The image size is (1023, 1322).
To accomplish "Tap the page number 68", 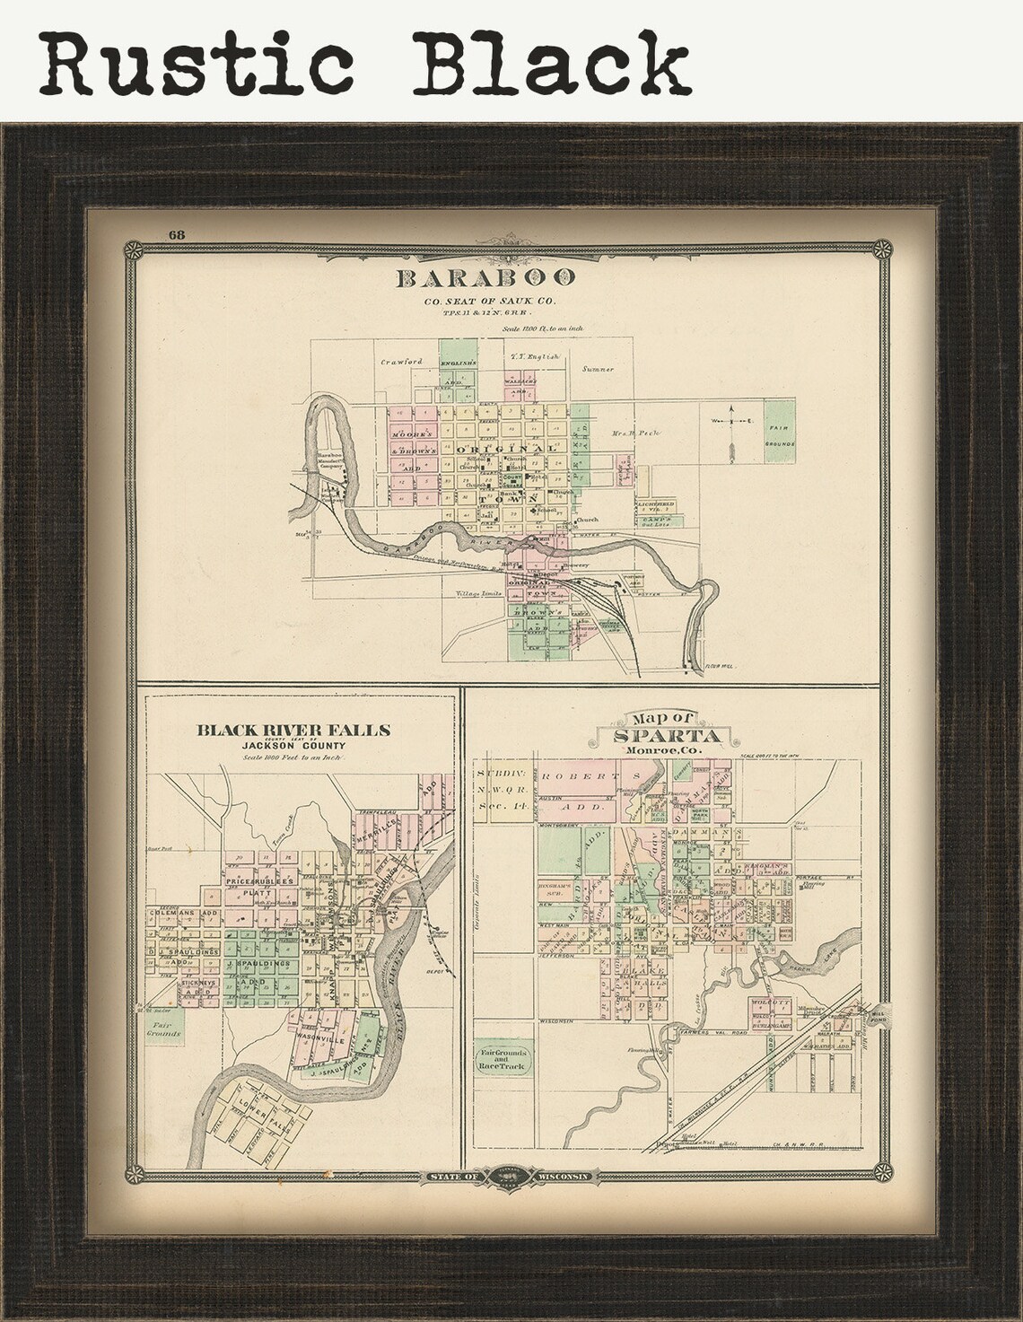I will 176,235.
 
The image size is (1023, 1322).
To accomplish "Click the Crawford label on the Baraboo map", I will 400,361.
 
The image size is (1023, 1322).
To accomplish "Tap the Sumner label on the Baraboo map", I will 597,368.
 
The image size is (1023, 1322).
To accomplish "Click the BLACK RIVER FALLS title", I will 293,731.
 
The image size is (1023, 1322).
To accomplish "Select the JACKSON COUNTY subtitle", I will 293,746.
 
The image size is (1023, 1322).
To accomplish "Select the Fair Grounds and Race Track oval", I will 506,1059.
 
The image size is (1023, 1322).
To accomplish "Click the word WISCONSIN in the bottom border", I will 563,1176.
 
